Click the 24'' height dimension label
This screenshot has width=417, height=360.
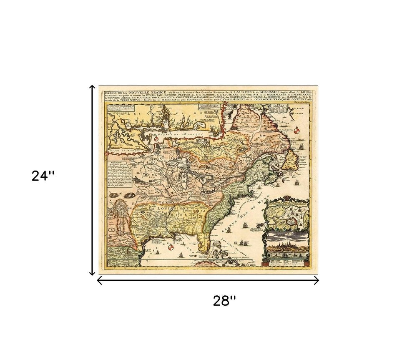(43, 176)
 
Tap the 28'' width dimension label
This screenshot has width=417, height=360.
(224, 300)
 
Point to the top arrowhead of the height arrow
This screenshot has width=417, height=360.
(93, 87)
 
